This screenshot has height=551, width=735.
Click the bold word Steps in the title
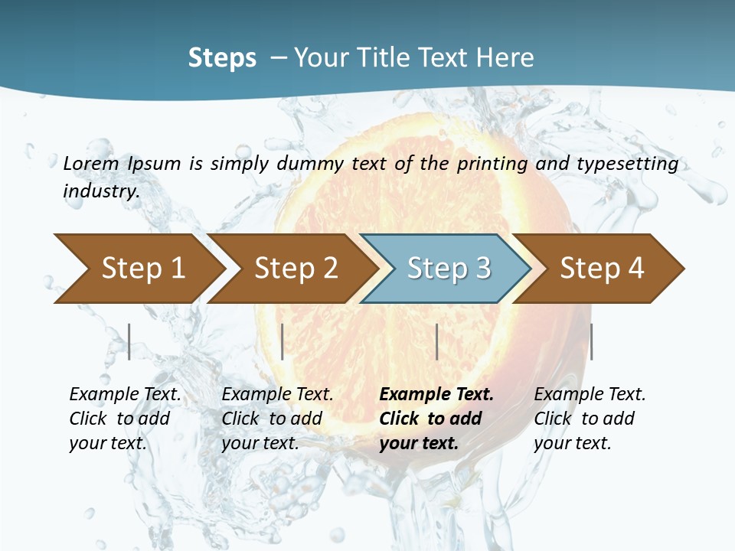222,58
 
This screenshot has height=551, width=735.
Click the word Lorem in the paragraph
90,164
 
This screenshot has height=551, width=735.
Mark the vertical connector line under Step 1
129,341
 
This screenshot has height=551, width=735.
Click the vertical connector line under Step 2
283,341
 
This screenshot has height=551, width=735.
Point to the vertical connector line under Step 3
436,341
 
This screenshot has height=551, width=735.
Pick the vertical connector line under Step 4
591,341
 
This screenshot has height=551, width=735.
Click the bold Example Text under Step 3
436,395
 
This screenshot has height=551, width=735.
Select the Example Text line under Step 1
125,395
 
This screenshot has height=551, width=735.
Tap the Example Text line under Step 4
590,395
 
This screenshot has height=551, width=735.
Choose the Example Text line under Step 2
277,395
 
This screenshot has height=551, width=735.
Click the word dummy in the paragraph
310,164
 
